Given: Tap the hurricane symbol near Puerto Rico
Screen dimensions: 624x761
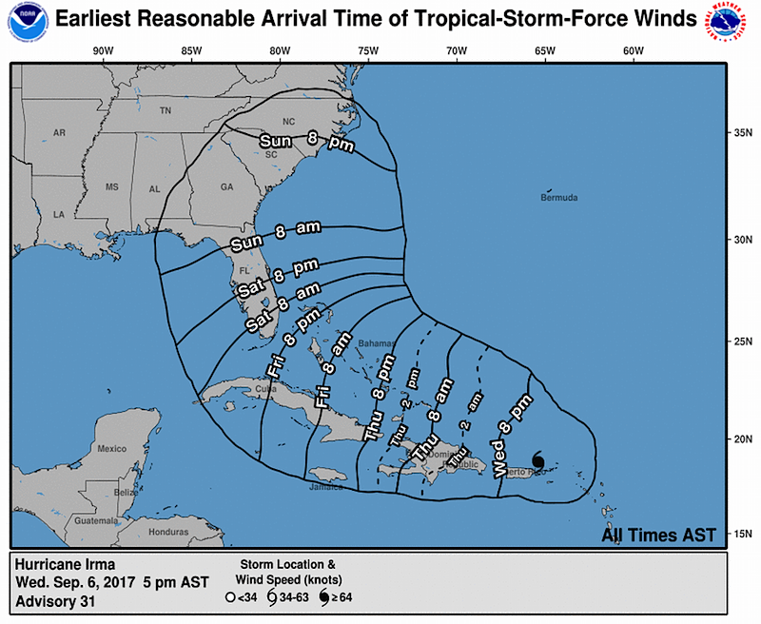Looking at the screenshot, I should (538, 460).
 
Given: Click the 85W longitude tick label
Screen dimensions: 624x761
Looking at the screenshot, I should (191, 50).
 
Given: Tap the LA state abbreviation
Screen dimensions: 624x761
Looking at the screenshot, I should (58, 215).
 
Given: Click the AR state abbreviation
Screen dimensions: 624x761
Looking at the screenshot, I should (59, 133).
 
